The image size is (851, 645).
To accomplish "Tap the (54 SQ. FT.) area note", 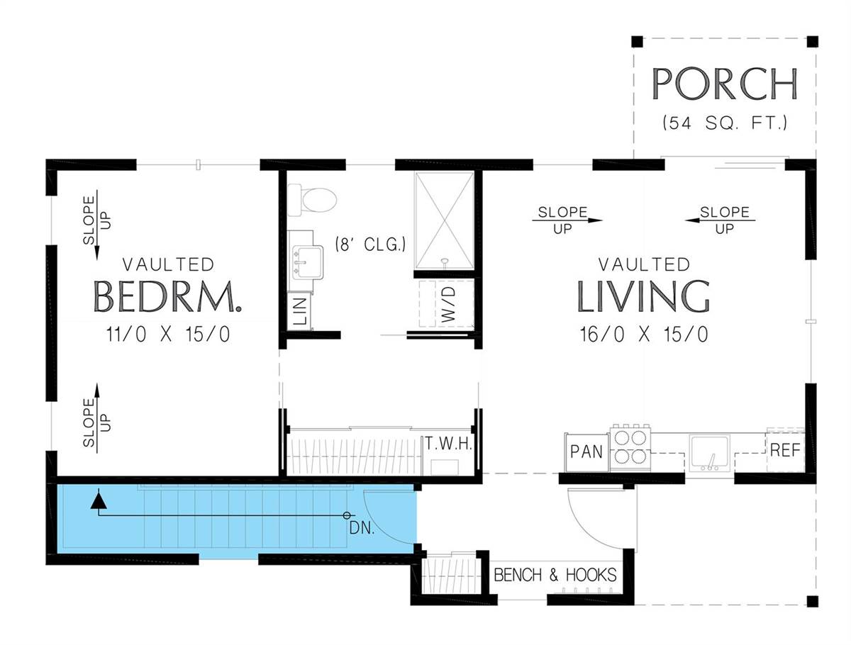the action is click(725, 123).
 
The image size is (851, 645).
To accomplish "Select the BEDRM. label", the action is click(167, 297).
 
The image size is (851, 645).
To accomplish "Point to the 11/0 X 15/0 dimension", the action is click(168, 335).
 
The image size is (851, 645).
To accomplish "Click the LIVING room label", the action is click(644, 296).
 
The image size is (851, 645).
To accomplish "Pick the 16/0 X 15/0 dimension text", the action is click(644, 335).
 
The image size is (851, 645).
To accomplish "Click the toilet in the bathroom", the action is click(312, 201).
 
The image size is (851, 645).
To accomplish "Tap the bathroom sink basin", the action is click(308, 262).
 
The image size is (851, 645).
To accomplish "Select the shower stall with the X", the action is click(445, 221).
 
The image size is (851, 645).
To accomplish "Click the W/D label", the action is click(449, 305).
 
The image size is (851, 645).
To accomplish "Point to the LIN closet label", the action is click(301, 311).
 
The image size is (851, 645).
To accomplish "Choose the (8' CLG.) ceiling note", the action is click(370, 245).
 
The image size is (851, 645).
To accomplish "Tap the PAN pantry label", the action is click(586, 451).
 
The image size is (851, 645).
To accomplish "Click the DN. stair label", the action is click(362, 528).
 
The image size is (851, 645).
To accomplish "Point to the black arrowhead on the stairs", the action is click(99, 500).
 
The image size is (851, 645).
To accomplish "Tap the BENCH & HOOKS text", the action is click(555, 575).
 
